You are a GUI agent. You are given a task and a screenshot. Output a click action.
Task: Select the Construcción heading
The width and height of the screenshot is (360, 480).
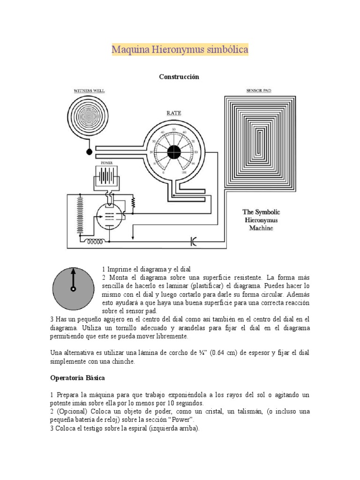pos(179,76)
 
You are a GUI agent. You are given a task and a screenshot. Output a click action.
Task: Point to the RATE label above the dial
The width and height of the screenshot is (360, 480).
pos(174,113)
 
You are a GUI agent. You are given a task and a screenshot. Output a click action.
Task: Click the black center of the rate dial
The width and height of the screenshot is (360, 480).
pos(174,151)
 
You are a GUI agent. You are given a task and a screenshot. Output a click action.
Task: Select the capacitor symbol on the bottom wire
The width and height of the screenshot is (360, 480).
pos(194,242)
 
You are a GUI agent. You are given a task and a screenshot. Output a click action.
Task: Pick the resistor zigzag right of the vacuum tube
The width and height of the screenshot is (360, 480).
pos(133,202)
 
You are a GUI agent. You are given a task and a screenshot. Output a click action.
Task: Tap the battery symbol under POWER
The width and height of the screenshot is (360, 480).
pos(107,177)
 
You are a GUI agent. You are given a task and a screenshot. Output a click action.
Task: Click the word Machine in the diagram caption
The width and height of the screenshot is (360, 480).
pos(261,228)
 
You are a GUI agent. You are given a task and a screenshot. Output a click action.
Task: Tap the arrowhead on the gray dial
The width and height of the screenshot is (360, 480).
pos(73,270)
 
